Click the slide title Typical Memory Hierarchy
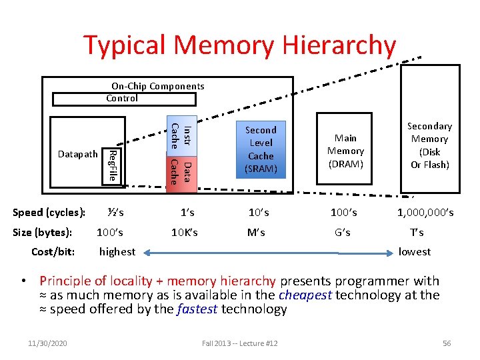coord(239,45)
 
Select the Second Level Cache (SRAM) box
coord(260,149)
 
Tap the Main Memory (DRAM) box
coord(345,151)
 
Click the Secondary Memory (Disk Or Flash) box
coord(429,145)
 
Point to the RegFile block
coord(113,165)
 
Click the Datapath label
coord(78,155)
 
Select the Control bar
coord(125,99)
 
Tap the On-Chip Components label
coord(157,86)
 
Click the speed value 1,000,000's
coord(425,213)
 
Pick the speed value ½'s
coord(115,213)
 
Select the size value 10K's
coord(184,233)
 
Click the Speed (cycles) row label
coord(49,213)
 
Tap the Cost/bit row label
coord(53,251)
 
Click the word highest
coord(117,251)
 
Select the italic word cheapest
coord(305,295)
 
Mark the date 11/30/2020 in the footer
coord(49,343)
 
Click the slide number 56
coord(447,343)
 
